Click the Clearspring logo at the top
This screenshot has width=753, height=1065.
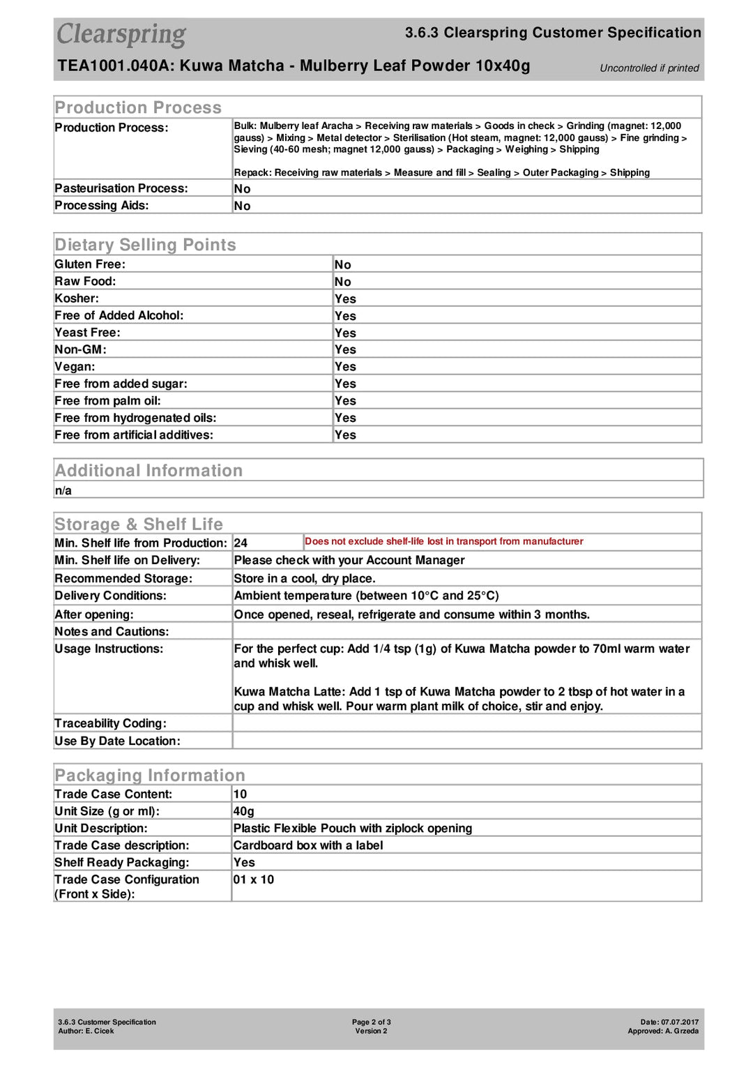pyautogui.click(x=121, y=34)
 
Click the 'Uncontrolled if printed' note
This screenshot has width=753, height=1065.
pyautogui.click(x=649, y=68)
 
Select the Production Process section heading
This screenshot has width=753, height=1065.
pyautogui.click(x=138, y=107)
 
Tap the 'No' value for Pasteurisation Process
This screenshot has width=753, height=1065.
pyautogui.click(x=242, y=189)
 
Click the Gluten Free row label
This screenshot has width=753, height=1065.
pyautogui.click(x=90, y=264)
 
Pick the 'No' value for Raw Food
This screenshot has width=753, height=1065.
pyautogui.click(x=342, y=282)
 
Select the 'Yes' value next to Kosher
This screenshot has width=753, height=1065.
pyautogui.click(x=345, y=299)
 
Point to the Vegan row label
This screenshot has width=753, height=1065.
pyautogui.click(x=75, y=367)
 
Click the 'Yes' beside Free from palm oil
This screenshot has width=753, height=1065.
pyautogui.click(x=345, y=401)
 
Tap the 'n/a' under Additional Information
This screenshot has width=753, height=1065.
pyautogui.click(x=63, y=490)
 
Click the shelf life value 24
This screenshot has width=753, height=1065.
pyautogui.click(x=241, y=543)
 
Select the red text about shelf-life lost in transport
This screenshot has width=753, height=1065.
pyautogui.click(x=443, y=541)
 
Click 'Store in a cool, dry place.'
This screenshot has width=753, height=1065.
pyautogui.click(x=305, y=578)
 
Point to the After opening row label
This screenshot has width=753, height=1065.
pyautogui.click(x=94, y=614)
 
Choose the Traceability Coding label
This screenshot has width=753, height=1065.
pyautogui.click(x=110, y=723)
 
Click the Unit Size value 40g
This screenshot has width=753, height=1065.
pyautogui.click(x=243, y=811)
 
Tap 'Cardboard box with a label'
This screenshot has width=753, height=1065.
pyautogui.click(x=308, y=845)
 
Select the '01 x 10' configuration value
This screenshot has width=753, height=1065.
pyautogui.click(x=254, y=879)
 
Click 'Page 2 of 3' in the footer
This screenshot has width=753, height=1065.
pyautogui.click(x=371, y=1022)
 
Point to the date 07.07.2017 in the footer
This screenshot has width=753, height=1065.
pyautogui.click(x=679, y=1022)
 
